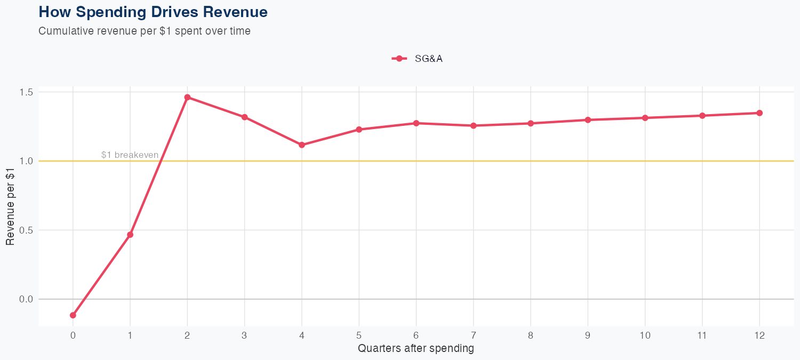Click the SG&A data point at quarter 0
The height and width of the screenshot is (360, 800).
click(x=73, y=315)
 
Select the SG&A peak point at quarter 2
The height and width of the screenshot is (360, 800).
click(x=187, y=97)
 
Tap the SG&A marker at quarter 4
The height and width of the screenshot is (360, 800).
click(x=302, y=145)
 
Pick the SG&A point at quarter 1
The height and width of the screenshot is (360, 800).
click(x=130, y=235)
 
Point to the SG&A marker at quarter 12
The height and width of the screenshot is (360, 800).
click(x=759, y=113)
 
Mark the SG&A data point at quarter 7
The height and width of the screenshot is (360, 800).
click(x=474, y=126)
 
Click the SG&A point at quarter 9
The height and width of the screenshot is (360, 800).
click(x=588, y=120)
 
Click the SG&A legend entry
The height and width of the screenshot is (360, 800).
click(x=418, y=59)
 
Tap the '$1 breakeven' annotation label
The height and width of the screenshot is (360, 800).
click(x=130, y=155)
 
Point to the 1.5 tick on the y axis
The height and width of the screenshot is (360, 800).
click(x=26, y=92)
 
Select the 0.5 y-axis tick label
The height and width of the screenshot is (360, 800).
click(x=26, y=230)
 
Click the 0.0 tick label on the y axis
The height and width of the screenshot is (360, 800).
click(x=26, y=299)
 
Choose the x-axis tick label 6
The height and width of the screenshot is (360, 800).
click(x=416, y=335)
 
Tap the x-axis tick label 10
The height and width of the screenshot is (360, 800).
click(x=645, y=335)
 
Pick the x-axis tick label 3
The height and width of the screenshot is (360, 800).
click(x=244, y=335)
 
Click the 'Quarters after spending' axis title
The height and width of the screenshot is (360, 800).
click(x=416, y=349)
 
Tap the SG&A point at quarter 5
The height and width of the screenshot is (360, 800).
click(x=359, y=130)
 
